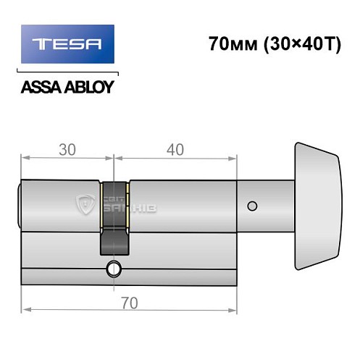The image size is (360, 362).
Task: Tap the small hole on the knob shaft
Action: (251, 206)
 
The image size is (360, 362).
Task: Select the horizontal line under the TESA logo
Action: (67, 72)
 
